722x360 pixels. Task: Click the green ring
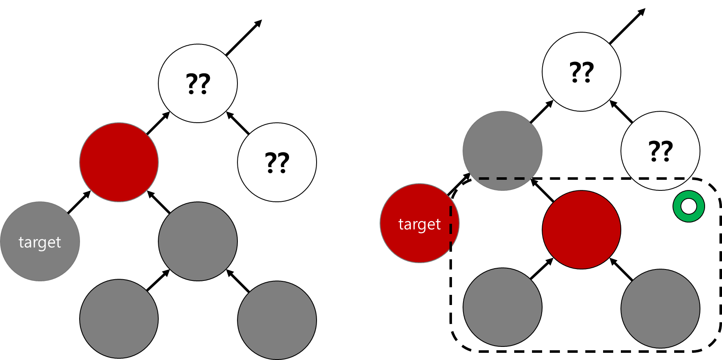click(x=689, y=206)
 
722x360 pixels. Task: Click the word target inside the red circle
click(x=419, y=224)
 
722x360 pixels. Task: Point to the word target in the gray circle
click(x=40, y=242)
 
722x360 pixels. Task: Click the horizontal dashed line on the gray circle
click(x=502, y=179)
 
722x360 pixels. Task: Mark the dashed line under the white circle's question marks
click(x=661, y=179)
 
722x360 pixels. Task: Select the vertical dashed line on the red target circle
click(x=451, y=226)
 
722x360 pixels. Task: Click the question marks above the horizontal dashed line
click(x=661, y=151)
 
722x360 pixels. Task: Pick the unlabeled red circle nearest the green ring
click(x=581, y=230)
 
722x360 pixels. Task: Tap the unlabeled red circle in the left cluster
click(x=119, y=162)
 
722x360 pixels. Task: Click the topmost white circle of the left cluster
click(x=198, y=83)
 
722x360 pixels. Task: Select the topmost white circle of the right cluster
click(x=581, y=72)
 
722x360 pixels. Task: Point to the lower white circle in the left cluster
click(x=277, y=162)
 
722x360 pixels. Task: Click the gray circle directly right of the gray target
click(x=198, y=241)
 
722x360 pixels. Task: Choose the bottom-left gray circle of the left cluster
click(x=119, y=319)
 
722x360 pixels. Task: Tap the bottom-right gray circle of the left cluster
click(x=277, y=320)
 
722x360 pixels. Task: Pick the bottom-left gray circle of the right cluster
click(x=502, y=307)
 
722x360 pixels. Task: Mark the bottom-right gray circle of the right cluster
click(x=660, y=308)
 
